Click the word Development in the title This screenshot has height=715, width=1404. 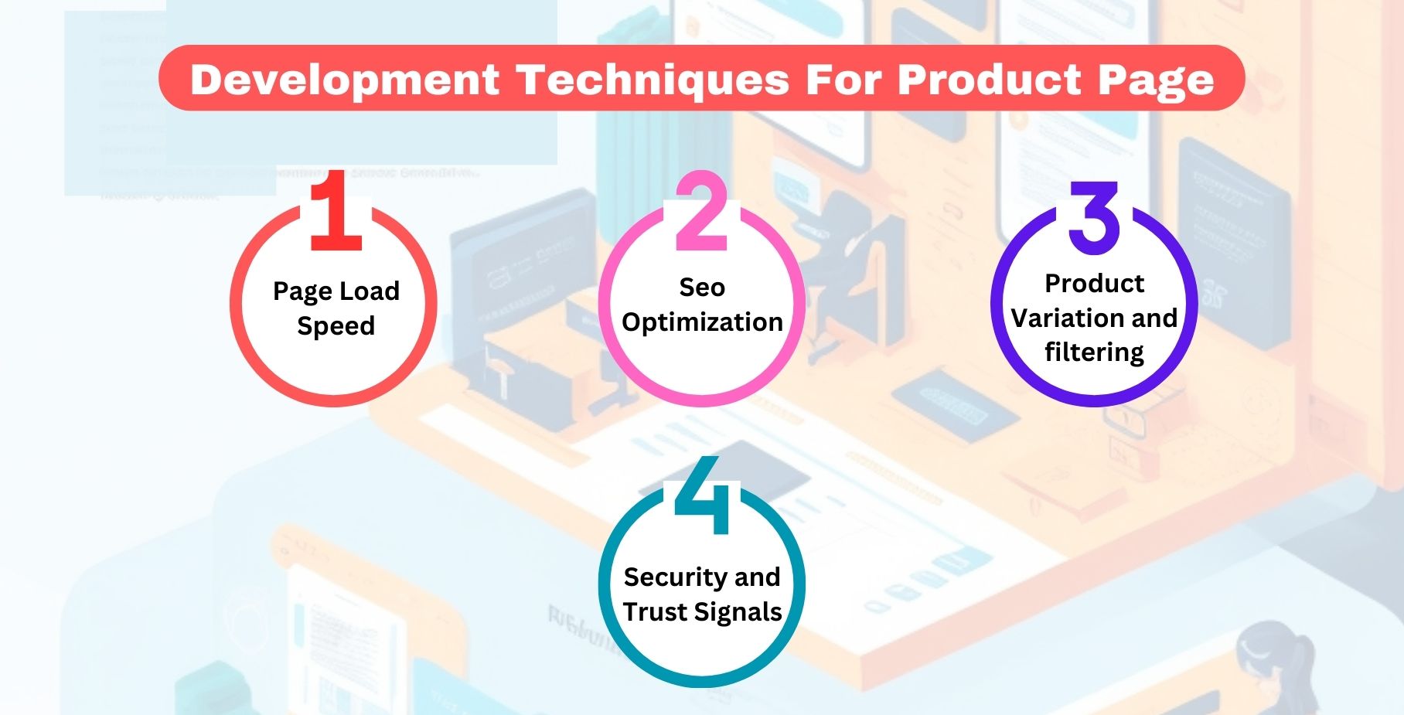point(345,80)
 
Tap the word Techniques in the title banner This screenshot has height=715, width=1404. point(653,80)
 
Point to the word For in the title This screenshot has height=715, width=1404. point(843,80)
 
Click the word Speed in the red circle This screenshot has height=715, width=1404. point(336,326)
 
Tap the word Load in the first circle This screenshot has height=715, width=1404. point(367,291)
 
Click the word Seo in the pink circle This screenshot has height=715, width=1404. point(702,288)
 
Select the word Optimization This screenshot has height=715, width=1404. point(702,322)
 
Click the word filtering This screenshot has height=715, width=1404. point(1094,352)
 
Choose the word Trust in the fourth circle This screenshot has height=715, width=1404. point(655,611)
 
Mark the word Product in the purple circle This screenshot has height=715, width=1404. point(1094,284)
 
